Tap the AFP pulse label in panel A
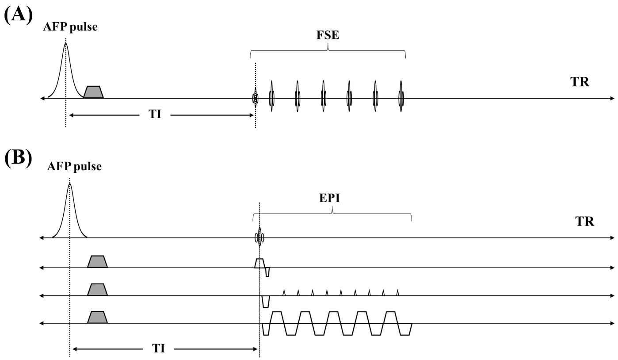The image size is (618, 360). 70,27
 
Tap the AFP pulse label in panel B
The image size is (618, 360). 74,166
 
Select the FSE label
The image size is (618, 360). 327,35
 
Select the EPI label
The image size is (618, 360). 332,199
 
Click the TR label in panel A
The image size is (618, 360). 579,82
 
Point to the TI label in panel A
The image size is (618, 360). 155,115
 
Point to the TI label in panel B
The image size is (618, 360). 159,349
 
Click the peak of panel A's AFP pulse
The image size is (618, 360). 66,43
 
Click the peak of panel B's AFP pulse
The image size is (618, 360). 69,183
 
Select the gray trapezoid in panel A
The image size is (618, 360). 93,92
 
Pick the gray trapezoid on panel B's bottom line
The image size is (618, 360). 97,317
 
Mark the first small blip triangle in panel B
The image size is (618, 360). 284,292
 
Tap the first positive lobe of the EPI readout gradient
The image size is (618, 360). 277,317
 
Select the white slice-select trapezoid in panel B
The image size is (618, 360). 259,263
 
